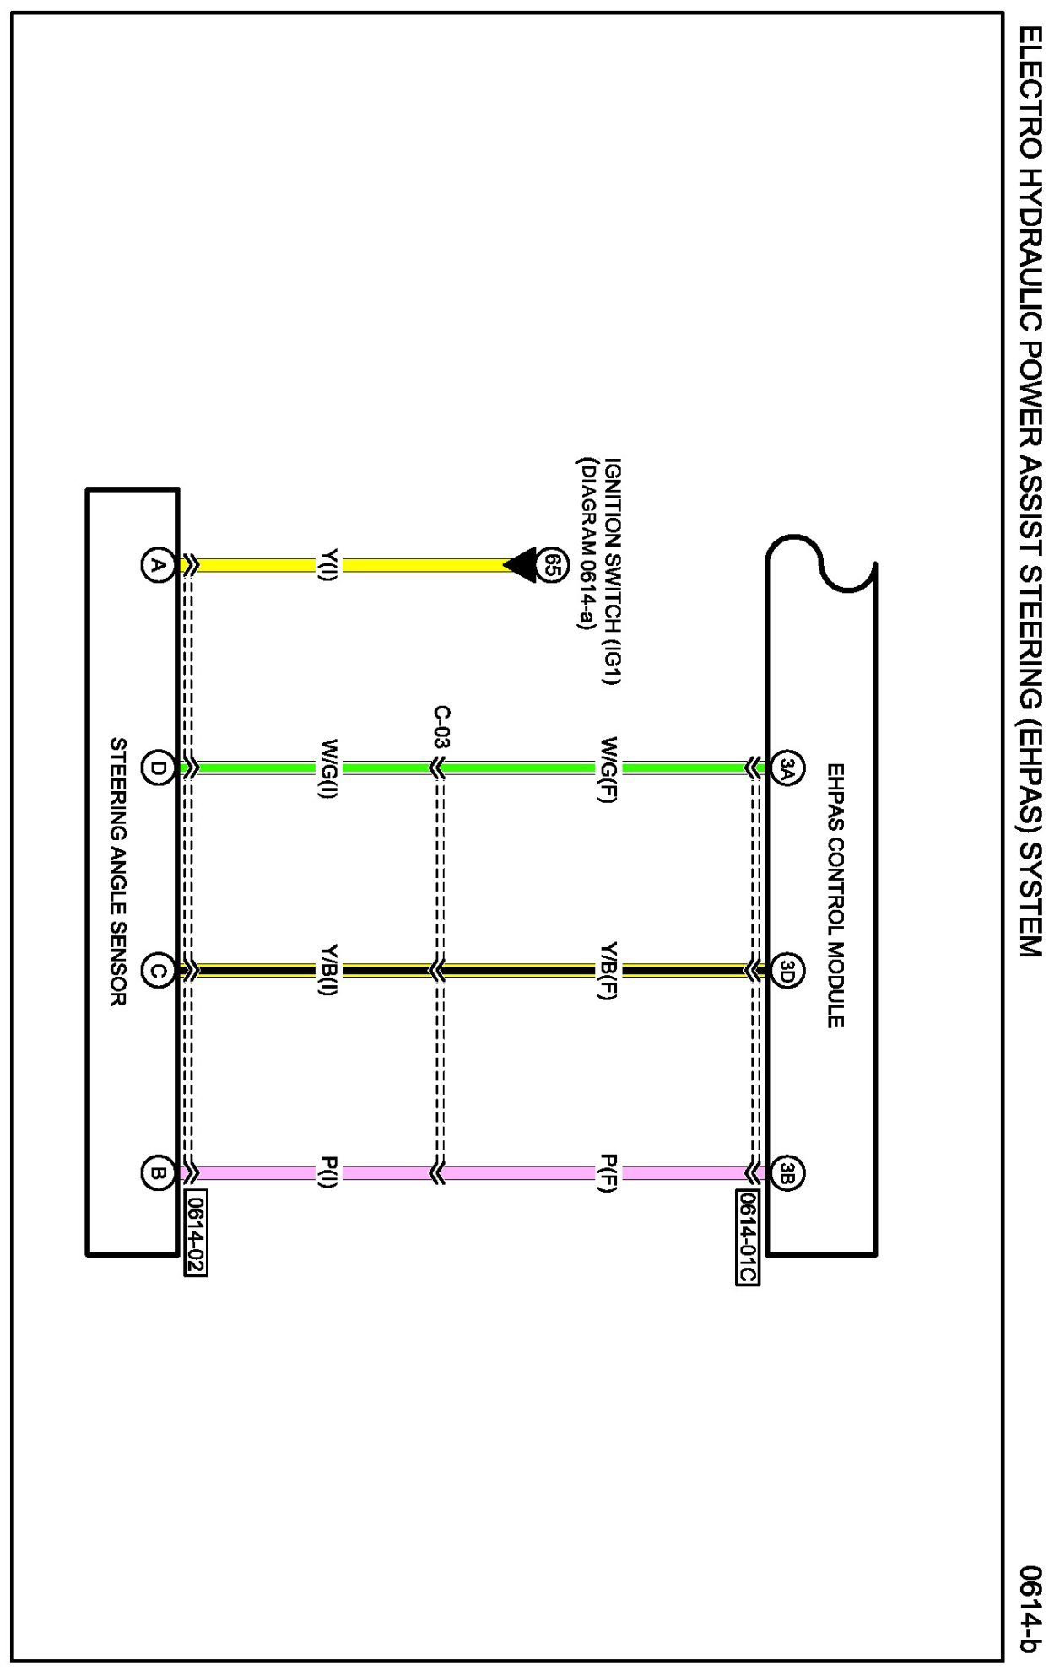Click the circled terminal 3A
(787, 768)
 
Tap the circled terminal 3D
(787, 971)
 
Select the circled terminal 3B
(787, 1172)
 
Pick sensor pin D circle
(157, 768)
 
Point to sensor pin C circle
(157, 971)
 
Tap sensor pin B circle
(157, 1172)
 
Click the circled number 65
(551, 564)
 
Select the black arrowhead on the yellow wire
(522, 564)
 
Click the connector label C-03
(441, 727)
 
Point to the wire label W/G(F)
(608, 769)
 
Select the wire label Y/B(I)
(328, 970)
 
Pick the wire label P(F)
(608, 1172)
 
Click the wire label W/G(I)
(328, 769)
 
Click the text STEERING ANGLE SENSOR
(119, 871)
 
